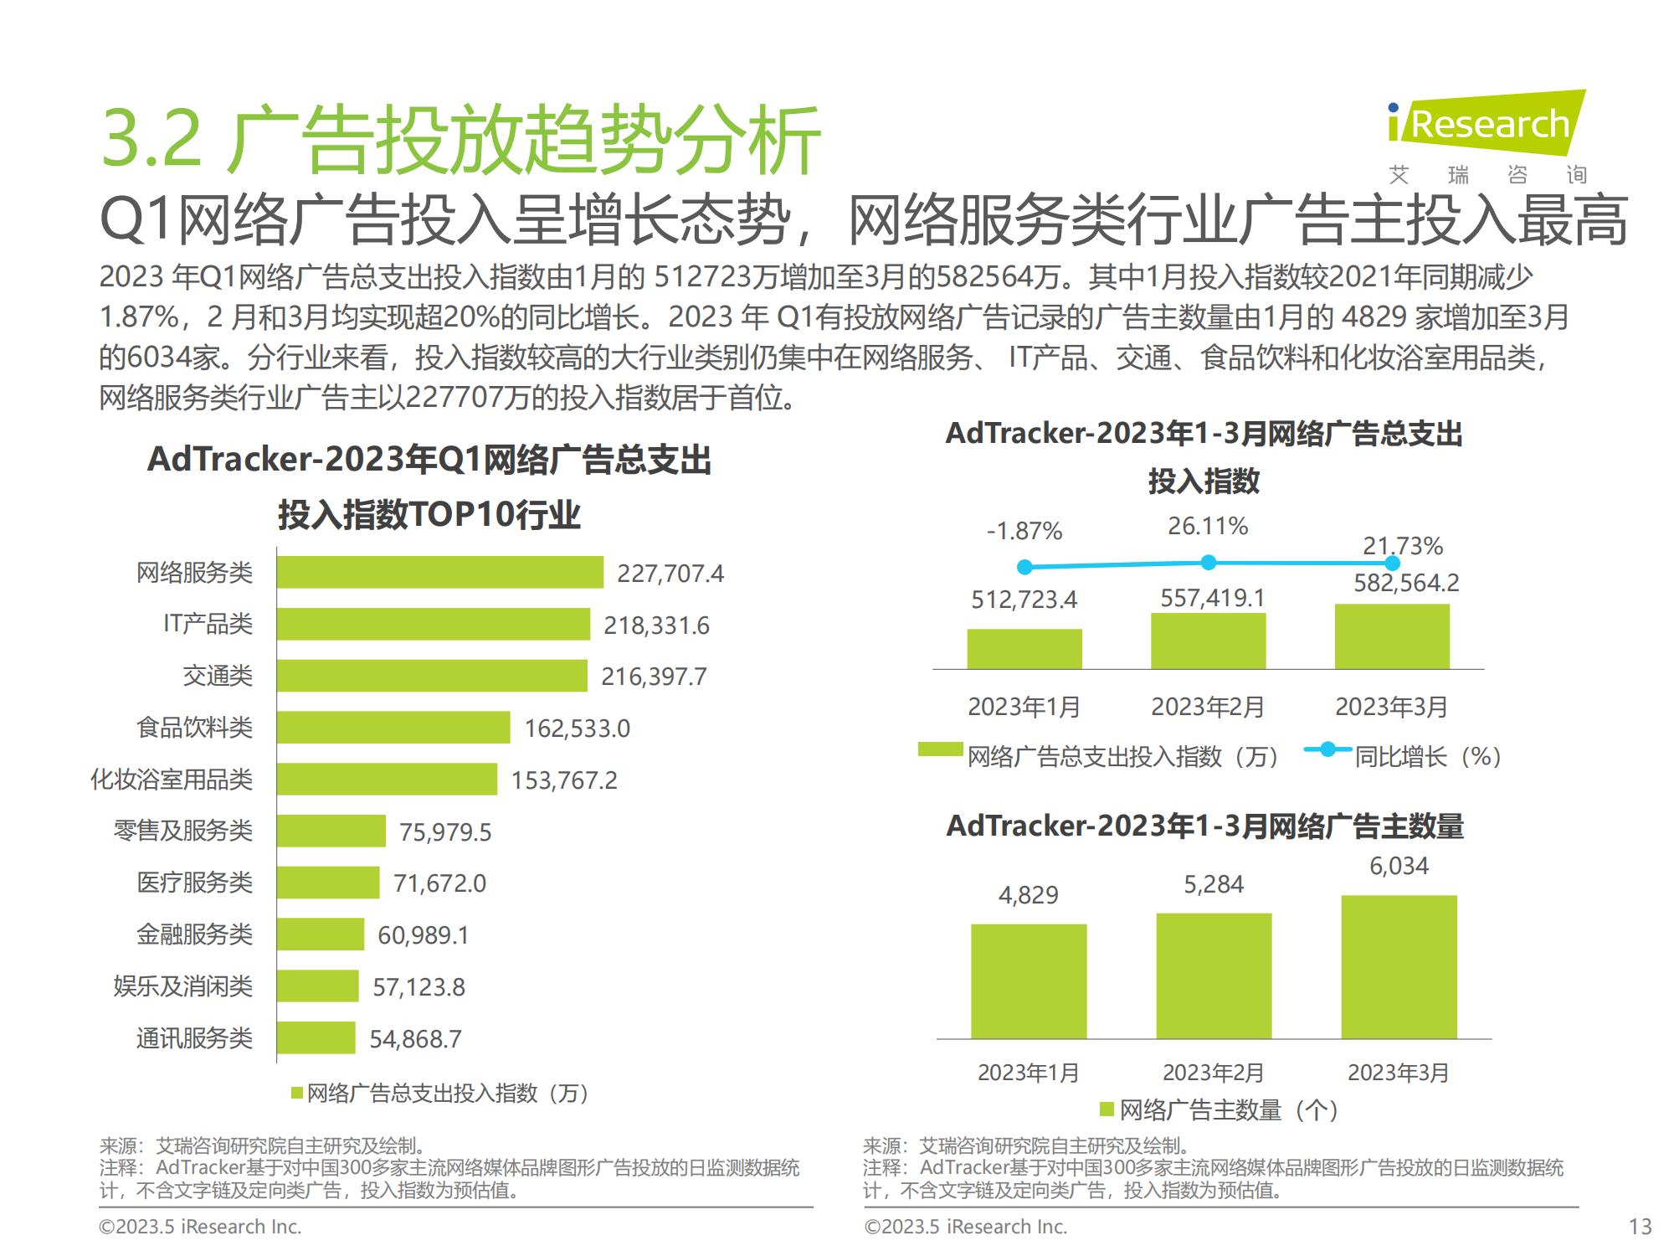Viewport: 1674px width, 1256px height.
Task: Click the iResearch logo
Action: tap(1486, 126)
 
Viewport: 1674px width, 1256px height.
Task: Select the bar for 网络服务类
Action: tap(439, 573)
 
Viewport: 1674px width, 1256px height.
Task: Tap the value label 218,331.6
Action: tap(656, 625)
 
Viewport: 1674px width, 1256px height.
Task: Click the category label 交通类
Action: tap(218, 676)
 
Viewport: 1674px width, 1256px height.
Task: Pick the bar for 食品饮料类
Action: tap(393, 728)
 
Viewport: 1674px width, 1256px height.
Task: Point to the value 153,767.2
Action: tap(564, 780)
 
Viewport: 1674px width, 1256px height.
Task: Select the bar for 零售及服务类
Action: tap(331, 831)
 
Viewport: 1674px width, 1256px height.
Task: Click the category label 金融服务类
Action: tap(194, 934)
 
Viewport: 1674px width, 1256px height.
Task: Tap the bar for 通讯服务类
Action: tap(316, 1038)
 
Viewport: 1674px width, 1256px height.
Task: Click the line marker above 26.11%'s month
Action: tap(1208, 563)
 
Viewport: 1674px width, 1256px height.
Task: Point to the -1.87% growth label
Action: tap(1024, 531)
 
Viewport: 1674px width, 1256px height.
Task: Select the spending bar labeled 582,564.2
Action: tap(1392, 636)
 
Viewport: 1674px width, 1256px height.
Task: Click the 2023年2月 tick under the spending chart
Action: tap(1207, 708)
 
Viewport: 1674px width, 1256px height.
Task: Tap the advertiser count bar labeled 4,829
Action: tap(1029, 981)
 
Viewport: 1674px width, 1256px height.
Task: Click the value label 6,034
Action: tap(1399, 866)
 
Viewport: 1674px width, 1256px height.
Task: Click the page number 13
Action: tap(1640, 1227)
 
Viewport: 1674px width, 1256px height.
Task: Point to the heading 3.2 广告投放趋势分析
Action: tap(460, 141)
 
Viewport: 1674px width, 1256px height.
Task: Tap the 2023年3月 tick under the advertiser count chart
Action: tap(1397, 1073)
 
